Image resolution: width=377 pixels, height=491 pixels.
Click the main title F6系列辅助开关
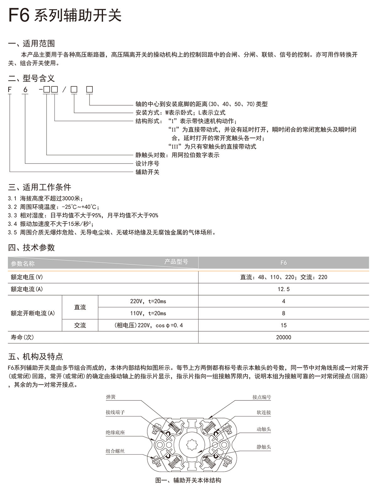[65, 15]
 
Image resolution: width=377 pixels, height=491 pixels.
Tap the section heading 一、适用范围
[31, 43]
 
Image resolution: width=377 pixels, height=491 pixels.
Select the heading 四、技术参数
[31, 247]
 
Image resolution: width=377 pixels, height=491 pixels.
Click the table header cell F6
[283, 262]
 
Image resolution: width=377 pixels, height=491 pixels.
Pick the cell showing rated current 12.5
[283, 289]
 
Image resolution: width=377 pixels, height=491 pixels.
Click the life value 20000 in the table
[283, 337]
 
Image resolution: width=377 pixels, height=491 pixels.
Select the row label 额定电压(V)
[27, 277]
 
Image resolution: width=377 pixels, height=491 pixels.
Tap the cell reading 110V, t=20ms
[148, 313]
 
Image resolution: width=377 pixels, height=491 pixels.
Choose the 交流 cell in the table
[80, 325]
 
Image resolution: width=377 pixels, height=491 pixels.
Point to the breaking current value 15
[283, 325]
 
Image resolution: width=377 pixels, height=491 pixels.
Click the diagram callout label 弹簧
[111, 397]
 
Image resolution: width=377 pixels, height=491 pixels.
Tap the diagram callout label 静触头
[264, 447]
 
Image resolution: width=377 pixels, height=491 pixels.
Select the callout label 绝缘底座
[115, 433]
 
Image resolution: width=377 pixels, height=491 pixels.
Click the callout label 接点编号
[261, 397]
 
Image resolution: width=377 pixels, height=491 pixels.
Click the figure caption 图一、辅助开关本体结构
[188, 480]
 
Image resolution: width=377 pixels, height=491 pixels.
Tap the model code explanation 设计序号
[147, 163]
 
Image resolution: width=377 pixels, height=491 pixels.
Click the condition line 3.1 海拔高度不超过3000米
[45, 198]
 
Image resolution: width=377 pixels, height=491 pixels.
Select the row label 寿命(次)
[22, 337]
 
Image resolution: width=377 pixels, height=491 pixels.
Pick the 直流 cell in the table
[80, 307]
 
